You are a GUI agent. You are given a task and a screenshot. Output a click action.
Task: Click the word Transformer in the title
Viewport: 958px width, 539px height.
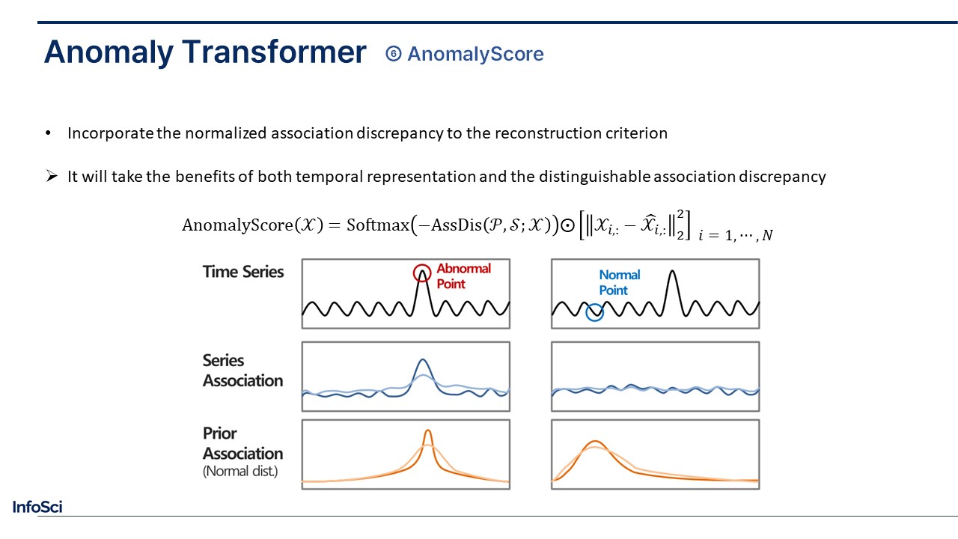[x=274, y=52]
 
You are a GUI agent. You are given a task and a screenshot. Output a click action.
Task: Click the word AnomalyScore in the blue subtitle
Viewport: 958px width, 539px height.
[x=475, y=55]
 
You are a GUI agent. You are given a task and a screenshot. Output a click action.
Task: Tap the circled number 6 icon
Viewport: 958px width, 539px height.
[x=394, y=54]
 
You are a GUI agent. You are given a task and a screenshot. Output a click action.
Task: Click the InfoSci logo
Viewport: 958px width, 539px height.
[x=37, y=507]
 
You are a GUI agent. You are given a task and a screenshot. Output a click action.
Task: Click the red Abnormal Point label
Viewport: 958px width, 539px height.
[x=463, y=276]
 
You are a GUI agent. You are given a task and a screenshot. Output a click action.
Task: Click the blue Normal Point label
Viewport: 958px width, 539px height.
[x=619, y=282]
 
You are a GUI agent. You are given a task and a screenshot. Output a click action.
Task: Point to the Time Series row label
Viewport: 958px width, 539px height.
[x=243, y=272]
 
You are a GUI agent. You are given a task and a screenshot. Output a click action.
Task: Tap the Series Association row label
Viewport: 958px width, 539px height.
[x=243, y=371]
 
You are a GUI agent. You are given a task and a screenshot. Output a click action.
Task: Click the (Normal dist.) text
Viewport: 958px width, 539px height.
[x=240, y=472]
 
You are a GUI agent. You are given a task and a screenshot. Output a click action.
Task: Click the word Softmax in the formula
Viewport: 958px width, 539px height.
[x=378, y=225]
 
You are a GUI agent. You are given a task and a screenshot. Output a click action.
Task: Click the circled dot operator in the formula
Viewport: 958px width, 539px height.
[x=567, y=225]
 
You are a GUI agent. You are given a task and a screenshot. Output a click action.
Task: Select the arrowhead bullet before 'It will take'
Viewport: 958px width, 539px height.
[x=52, y=176]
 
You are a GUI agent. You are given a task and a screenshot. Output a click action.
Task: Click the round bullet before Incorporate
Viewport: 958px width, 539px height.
[x=48, y=133]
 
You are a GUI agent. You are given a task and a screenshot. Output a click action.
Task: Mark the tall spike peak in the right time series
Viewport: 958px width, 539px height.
[x=673, y=271]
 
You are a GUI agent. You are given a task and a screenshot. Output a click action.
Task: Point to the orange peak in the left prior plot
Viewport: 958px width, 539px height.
[x=427, y=431]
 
